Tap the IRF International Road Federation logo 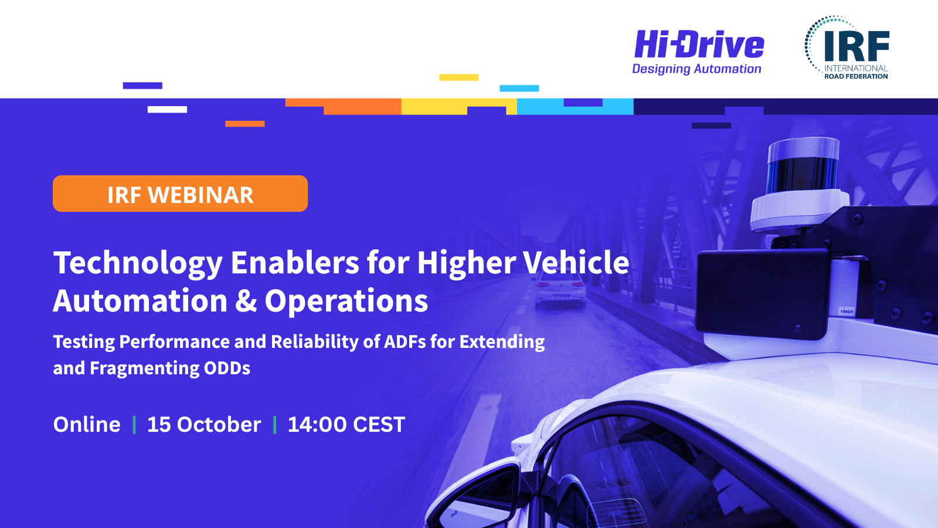click(x=847, y=48)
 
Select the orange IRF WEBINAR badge click(x=180, y=194)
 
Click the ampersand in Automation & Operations click(x=246, y=300)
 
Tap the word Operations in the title click(x=346, y=302)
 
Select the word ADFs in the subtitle click(x=405, y=341)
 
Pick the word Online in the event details click(x=87, y=425)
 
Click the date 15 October click(x=204, y=425)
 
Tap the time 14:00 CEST click(x=346, y=425)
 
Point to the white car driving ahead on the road click(x=560, y=290)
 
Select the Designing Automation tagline click(x=696, y=69)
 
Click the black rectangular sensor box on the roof click(x=762, y=293)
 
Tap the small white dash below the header click(x=167, y=109)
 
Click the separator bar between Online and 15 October click(x=134, y=425)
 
